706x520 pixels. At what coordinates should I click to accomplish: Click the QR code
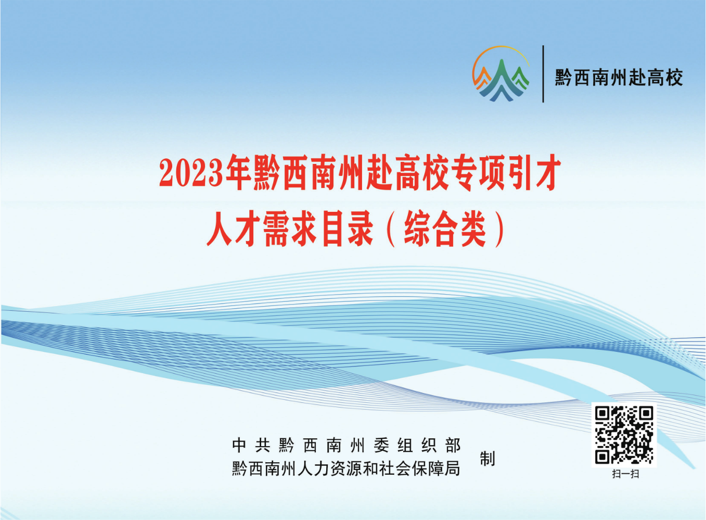624,435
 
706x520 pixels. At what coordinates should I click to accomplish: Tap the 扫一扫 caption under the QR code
625,474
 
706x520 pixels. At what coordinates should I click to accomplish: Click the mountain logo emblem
501,74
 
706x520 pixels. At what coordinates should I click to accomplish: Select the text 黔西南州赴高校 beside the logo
619,78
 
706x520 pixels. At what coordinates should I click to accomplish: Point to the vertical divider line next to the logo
543,74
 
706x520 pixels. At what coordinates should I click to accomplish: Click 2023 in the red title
192,173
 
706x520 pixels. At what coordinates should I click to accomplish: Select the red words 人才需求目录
290,228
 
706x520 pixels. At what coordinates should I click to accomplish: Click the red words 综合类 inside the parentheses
445,228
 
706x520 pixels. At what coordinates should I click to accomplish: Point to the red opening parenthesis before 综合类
390,229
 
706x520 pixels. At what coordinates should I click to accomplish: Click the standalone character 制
487,458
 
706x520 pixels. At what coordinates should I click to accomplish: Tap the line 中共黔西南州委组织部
346,445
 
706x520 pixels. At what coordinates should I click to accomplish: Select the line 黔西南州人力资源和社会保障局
346,468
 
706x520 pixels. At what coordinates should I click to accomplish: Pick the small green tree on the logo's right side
520,77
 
